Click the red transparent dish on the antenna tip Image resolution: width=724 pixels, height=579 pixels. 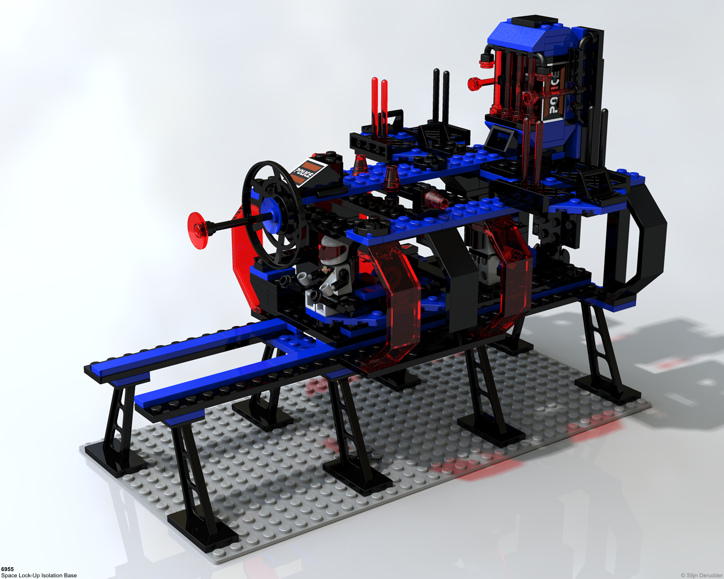tap(199, 231)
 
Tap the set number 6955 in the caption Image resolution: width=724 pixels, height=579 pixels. tap(7, 569)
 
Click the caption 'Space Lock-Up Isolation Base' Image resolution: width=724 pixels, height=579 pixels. tap(38, 575)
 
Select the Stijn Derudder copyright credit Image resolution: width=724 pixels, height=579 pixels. tap(701, 575)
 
